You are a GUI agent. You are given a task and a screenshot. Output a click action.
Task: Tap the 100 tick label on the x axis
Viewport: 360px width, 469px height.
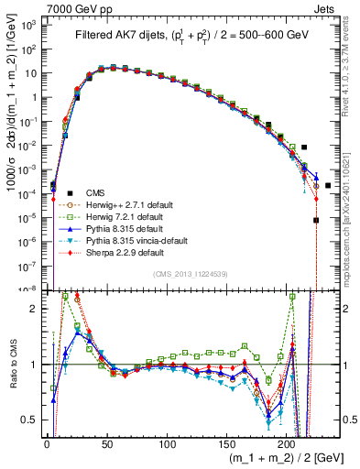(x=167, y=442)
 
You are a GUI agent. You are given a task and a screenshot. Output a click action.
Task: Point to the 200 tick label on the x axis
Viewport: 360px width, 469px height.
(x=287, y=442)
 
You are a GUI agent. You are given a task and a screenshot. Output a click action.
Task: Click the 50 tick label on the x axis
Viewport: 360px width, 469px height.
(x=106, y=442)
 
